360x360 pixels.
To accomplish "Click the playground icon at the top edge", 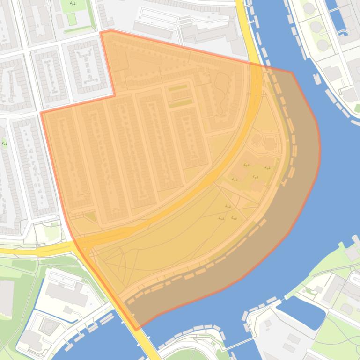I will click(x=73, y=4).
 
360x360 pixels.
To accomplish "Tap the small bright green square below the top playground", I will click(x=71, y=19).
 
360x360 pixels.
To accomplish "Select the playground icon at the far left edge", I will click(x=5, y=144).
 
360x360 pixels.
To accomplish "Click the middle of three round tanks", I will click(x=316, y=27).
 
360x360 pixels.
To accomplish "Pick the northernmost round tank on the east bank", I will click(x=309, y=8).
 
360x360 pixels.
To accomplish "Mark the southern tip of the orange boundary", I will click(x=137, y=330).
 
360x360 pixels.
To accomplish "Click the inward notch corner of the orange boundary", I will click(x=115, y=96).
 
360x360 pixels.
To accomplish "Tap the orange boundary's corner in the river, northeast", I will click(x=293, y=72).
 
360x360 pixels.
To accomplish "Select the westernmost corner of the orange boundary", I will click(x=41, y=113).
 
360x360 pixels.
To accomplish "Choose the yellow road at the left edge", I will click(x=19, y=252).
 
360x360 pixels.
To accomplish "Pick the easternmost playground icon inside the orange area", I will click(x=267, y=168).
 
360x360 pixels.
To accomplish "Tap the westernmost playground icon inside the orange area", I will click(x=221, y=218).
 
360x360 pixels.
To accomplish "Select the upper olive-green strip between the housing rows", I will click(x=177, y=88).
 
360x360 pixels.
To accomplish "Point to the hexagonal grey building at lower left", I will click(x=47, y=326).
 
